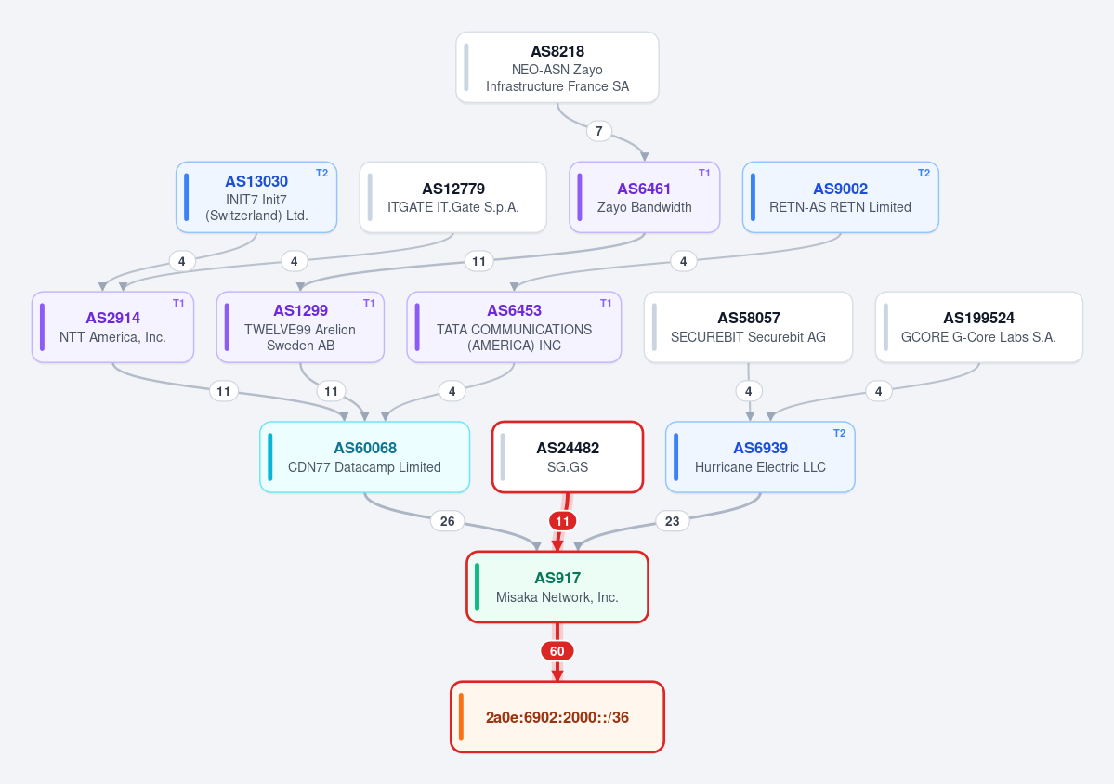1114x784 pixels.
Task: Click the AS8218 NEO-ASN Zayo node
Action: [x=557, y=68]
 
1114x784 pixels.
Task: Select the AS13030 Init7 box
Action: [x=256, y=198]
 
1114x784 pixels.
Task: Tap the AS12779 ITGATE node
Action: [x=453, y=198]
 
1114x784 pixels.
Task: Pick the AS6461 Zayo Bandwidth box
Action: [x=645, y=198]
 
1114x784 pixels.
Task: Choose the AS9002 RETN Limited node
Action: [x=841, y=198]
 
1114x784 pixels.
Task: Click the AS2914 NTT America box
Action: [x=113, y=327]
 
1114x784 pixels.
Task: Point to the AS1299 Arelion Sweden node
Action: [x=300, y=327]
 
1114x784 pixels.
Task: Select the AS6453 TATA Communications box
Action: [x=515, y=327]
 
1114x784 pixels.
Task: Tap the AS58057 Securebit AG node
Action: [x=748, y=327]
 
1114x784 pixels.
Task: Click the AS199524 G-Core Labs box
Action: [x=979, y=327]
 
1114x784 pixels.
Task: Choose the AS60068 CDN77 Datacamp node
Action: [x=364, y=457]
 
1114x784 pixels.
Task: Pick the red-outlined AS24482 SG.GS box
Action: [x=568, y=457]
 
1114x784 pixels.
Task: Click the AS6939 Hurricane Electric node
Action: [x=760, y=457]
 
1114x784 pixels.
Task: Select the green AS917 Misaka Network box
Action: [x=557, y=587]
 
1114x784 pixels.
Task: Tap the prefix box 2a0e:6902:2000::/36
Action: [x=557, y=717]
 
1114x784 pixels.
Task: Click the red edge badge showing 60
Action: [x=557, y=651]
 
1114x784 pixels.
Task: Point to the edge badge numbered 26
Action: [x=448, y=521]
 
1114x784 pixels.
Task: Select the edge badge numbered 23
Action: [x=672, y=521]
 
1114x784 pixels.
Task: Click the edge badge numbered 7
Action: [x=599, y=131]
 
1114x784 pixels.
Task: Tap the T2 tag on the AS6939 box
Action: [x=839, y=433]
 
